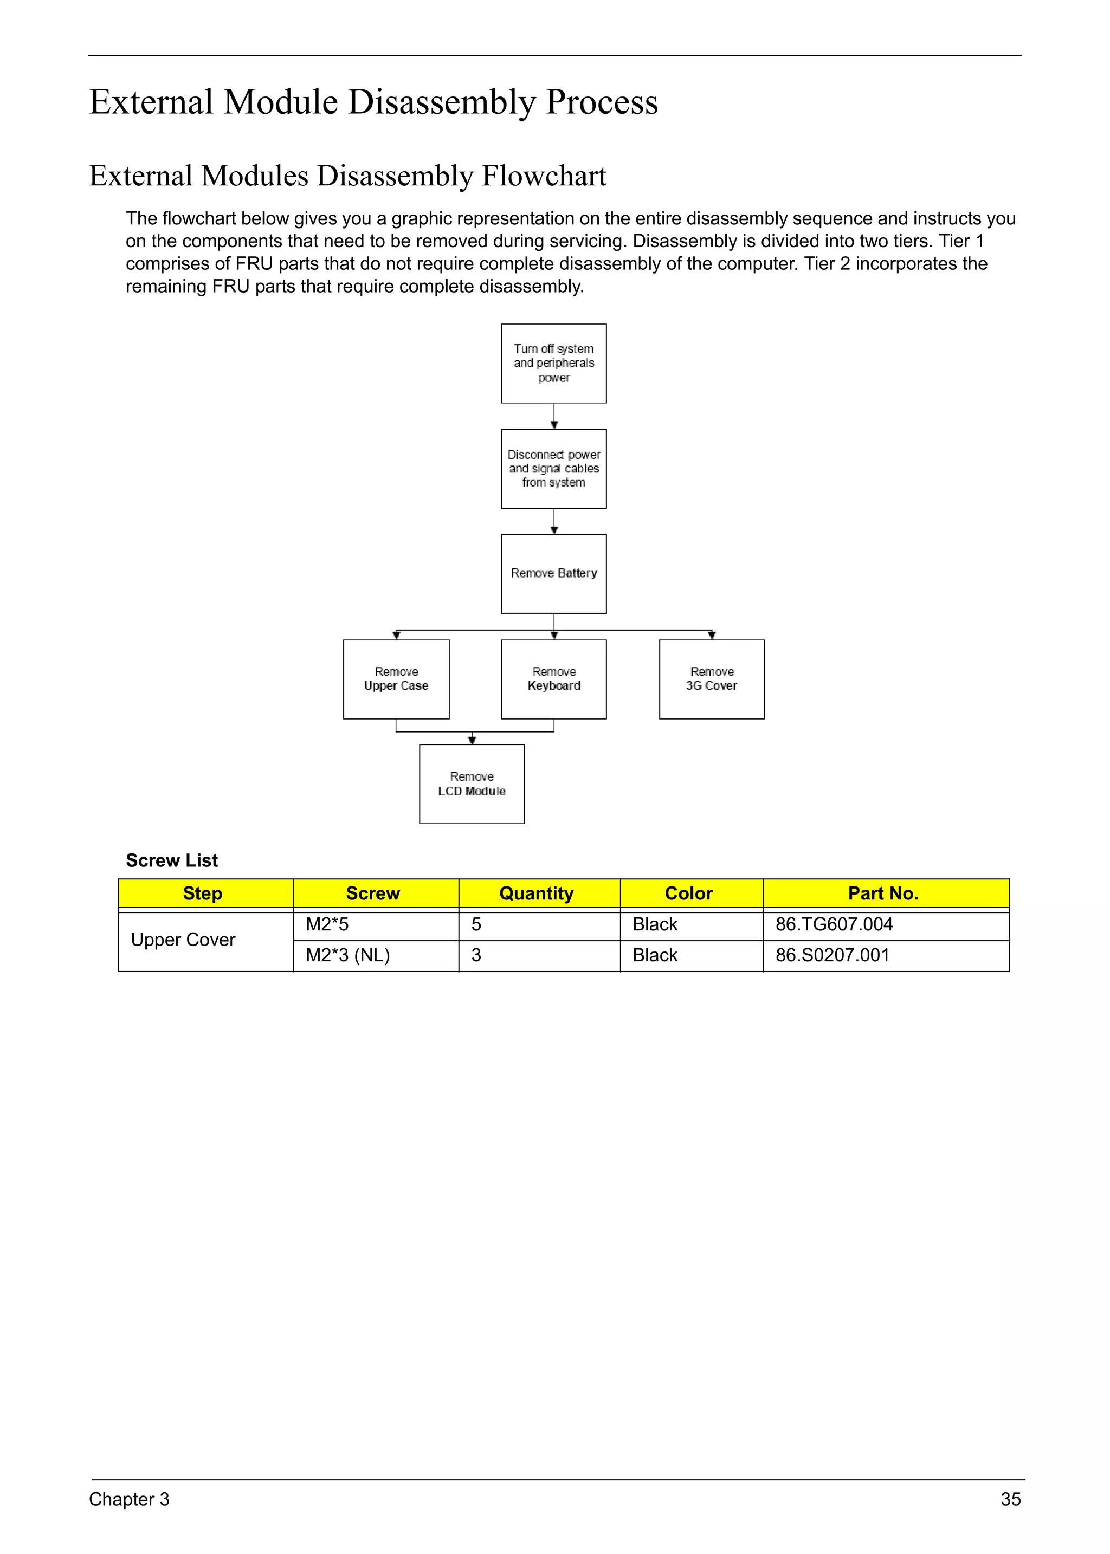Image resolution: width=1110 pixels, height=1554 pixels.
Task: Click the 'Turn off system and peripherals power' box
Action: click(553, 363)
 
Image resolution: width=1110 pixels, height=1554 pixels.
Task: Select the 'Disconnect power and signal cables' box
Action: click(553, 469)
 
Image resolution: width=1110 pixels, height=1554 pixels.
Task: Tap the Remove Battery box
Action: click(553, 573)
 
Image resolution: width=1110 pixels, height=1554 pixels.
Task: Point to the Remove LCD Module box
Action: click(472, 784)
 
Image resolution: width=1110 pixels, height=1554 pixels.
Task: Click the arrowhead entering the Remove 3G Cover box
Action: click(712, 635)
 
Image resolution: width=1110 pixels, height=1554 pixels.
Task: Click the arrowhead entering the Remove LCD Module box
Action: click(472, 740)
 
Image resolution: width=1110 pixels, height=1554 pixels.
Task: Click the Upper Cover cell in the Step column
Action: click(183, 940)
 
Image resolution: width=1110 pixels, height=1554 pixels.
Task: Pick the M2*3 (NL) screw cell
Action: click(348, 955)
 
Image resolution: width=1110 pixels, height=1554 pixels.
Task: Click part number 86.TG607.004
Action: click(834, 924)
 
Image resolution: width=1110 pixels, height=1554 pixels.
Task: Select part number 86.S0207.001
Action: click(832, 955)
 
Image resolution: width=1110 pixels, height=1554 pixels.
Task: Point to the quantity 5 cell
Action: click(476, 924)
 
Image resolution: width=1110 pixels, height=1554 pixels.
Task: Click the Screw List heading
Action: click(172, 860)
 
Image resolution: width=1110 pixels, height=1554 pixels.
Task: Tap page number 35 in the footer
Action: click(1010, 1499)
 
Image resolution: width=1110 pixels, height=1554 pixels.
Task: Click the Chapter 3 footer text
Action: click(129, 1499)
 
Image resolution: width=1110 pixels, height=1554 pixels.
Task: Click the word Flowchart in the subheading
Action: click(544, 176)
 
